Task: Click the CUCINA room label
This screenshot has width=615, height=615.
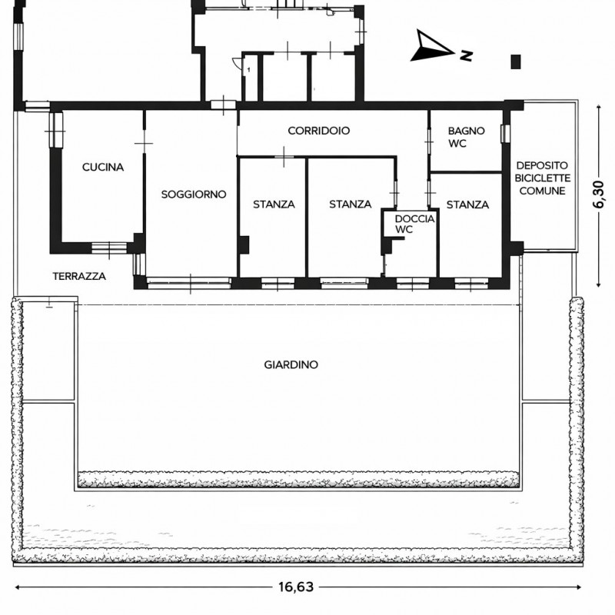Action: pyautogui.click(x=103, y=167)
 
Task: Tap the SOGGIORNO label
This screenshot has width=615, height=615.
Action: pyautogui.click(x=194, y=194)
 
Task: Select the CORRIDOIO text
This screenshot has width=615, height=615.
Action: pyautogui.click(x=318, y=131)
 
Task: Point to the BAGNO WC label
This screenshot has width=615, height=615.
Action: pyautogui.click(x=466, y=137)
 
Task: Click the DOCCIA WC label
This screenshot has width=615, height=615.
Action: pyautogui.click(x=414, y=224)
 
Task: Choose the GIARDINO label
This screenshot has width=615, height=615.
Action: pyautogui.click(x=291, y=364)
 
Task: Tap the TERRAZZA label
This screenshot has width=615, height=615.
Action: pyautogui.click(x=79, y=276)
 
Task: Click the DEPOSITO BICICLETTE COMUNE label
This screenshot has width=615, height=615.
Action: pyautogui.click(x=543, y=178)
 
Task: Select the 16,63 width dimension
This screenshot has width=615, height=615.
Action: pyautogui.click(x=296, y=587)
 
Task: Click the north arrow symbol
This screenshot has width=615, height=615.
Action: pyautogui.click(x=431, y=45)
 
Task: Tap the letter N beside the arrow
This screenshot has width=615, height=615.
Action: pyautogui.click(x=466, y=55)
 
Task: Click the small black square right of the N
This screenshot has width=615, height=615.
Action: pyautogui.click(x=516, y=61)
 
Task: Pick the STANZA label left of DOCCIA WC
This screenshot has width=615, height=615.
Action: pyautogui.click(x=351, y=204)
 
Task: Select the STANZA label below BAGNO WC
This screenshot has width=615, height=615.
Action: pyautogui.click(x=467, y=204)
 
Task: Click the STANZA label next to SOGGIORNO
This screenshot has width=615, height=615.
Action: pyautogui.click(x=274, y=204)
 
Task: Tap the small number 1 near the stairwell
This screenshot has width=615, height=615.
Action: pyautogui.click(x=248, y=70)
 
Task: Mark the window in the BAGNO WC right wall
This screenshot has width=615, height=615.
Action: pyautogui.click(x=505, y=133)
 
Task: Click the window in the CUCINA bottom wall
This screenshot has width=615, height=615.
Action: pyautogui.click(x=109, y=248)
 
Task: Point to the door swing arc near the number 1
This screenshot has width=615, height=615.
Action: pyautogui.click(x=237, y=63)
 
